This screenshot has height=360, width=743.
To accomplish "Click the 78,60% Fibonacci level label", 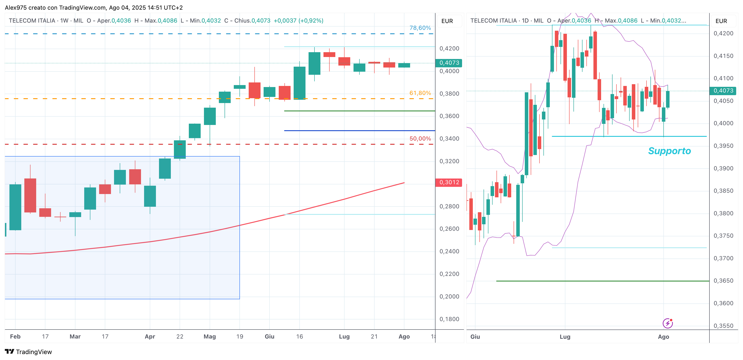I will pos(420,28).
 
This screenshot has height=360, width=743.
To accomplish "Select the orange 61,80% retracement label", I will pos(420,93).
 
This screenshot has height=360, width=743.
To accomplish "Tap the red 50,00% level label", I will pos(420,139).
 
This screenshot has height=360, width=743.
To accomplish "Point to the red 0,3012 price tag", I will pos(449,182).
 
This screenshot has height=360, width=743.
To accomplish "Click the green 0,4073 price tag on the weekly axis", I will pos(449,63).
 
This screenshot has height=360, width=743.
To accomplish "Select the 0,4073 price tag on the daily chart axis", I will pos(723,91).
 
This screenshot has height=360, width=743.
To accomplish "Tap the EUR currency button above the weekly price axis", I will pos(447,21).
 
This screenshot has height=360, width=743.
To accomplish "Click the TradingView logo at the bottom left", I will pos(28,352).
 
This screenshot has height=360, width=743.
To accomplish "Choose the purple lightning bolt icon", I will pos(667,323).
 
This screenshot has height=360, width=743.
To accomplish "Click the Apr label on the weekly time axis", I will pos(150,336).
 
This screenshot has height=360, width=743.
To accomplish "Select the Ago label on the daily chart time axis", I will pos(663,337).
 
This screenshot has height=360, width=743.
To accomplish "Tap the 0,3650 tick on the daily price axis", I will pos(723,281).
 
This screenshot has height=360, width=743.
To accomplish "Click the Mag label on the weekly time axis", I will pos(209,336).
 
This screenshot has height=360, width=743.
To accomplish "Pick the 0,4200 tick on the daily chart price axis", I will pos(723,34).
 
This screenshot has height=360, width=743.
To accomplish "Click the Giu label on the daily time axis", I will pos(475,337).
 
